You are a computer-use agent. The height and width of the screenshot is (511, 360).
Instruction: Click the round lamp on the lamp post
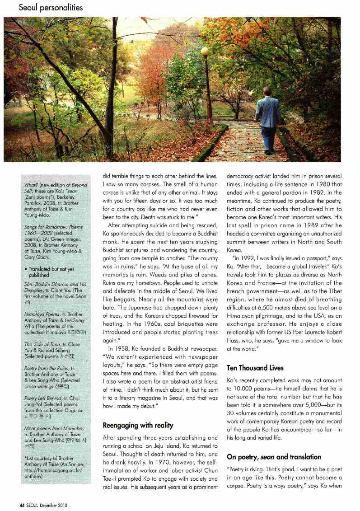[205, 51]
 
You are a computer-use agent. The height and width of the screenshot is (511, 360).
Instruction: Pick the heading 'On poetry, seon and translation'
[274, 457]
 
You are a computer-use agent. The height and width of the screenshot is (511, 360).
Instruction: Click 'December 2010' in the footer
[54, 505]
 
